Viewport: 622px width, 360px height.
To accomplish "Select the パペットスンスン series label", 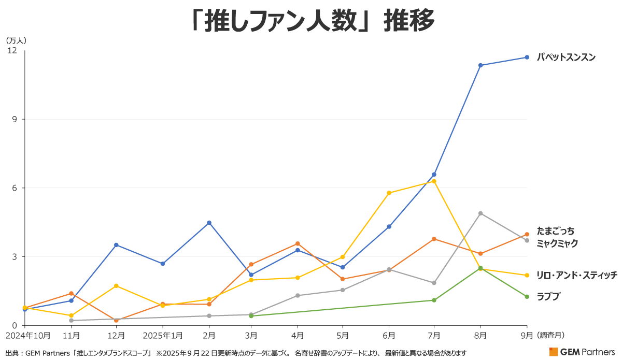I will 566,57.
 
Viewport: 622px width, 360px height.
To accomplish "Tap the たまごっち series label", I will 556,231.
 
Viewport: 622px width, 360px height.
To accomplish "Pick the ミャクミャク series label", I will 557,243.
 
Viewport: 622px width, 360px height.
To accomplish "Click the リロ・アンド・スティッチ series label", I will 576,275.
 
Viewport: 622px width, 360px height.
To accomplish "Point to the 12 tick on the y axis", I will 12,50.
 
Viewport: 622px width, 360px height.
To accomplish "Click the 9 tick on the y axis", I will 14,119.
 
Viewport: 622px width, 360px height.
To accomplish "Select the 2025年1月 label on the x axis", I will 163,335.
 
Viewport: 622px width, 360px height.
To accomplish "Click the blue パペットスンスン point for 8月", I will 481,65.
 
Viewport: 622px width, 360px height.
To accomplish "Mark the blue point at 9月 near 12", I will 527,57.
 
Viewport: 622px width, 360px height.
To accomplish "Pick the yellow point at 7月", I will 434,181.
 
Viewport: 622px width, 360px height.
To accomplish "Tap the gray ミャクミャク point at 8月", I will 481,213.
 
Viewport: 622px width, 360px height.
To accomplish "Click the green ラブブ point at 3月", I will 251,316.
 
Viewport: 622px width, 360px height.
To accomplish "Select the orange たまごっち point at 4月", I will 298,243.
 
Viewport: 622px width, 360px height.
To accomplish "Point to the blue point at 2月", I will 209,223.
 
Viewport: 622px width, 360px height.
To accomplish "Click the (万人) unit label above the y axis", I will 16,40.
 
